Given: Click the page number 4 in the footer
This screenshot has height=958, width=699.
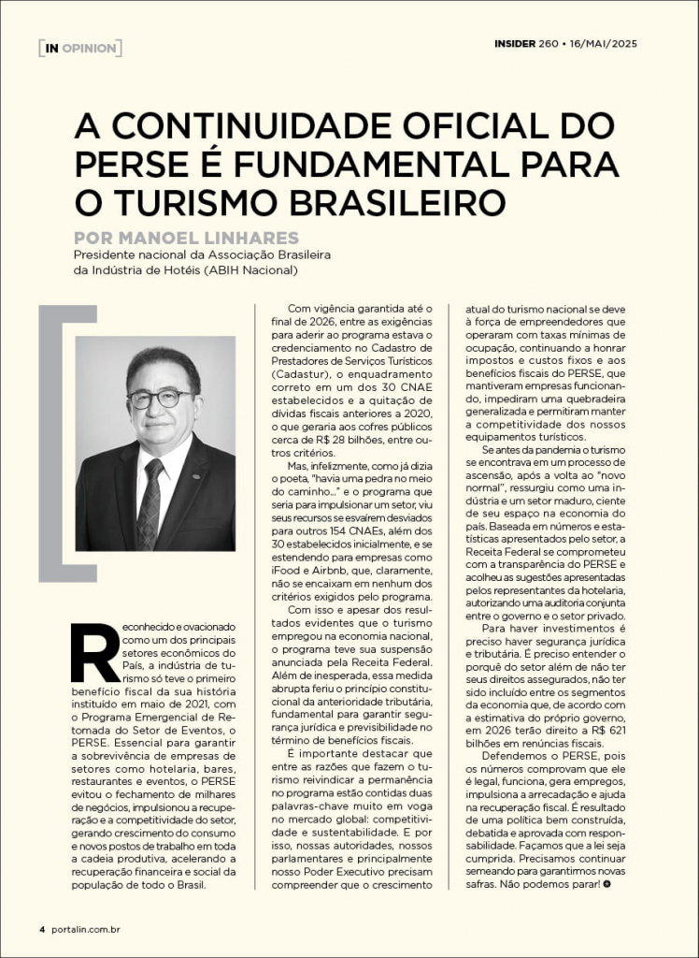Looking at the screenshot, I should point(41,929).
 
